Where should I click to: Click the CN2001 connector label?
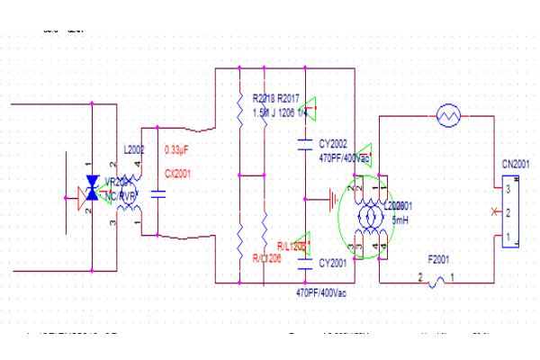(516, 165)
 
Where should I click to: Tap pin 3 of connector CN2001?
(508, 190)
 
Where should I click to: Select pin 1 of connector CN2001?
(508, 238)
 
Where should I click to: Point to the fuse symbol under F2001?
(436, 283)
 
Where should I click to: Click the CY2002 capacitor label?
(333, 143)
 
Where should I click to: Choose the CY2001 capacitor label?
(333, 263)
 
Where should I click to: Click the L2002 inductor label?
(133, 149)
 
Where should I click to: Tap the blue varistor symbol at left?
(91, 191)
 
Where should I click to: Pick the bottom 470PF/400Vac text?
(321, 293)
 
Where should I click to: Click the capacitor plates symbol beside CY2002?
(307, 142)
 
